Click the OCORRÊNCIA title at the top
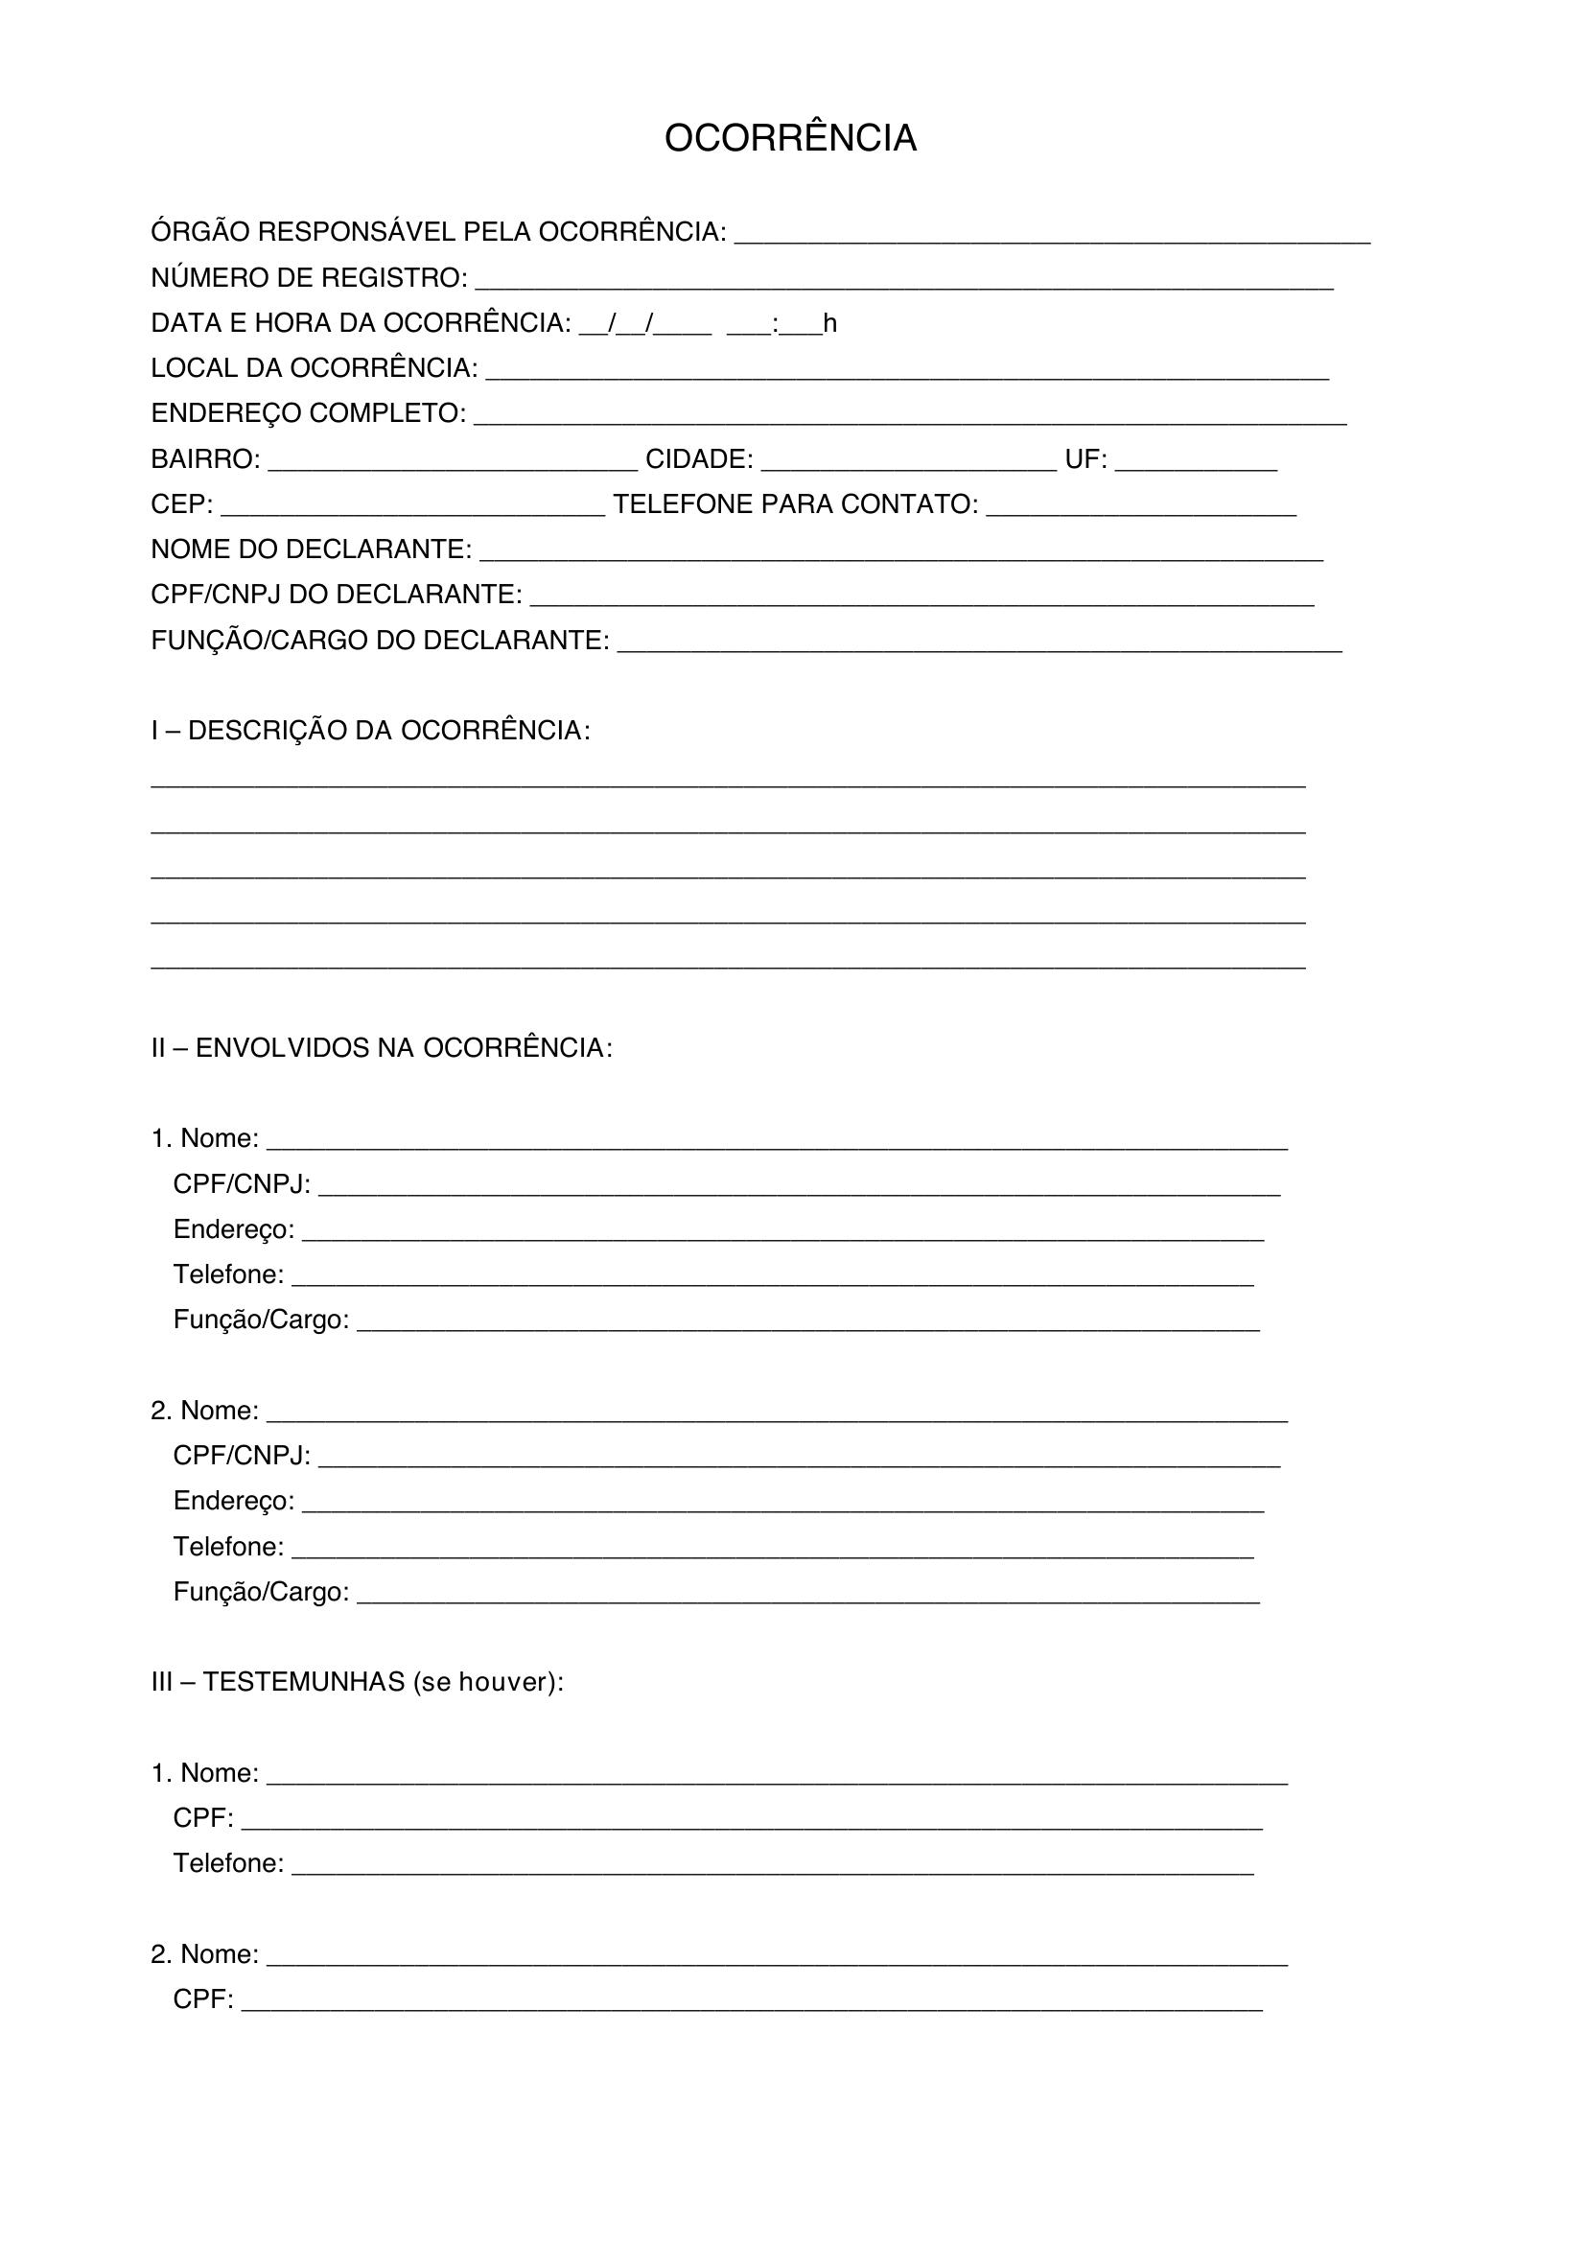click(790, 139)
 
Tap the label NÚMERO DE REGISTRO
click(309, 278)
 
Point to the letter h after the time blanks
click(830, 323)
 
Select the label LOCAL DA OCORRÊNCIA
click(314, 368)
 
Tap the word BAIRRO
click(205, 459)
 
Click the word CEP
click(181, 504)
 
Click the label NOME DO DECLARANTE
click(311, 550)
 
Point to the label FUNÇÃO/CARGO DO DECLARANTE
click(379, 641)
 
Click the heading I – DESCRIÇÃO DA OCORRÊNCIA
click(370, 731)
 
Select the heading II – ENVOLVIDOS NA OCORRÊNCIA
click(381, 1048)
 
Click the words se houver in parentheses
click(483, 1682)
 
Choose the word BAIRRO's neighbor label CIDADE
click(699, 459)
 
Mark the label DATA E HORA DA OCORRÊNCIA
click(361, 323)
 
